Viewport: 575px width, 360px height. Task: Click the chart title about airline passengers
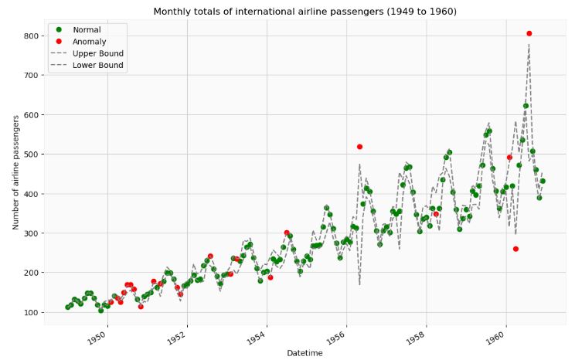click(305, 12)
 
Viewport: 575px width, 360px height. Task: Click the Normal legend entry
click(87, 30)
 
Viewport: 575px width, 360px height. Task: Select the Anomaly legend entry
click(90, 42)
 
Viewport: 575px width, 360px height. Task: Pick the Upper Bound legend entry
click(97, 54)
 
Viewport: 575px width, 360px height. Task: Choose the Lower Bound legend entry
click(97, 66)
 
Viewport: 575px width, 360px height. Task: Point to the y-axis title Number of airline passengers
click(15, 172)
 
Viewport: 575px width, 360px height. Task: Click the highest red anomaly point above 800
click(529, 33)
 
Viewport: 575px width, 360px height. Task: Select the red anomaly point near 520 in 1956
click(359, 147)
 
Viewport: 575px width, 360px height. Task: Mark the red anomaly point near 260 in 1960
click(515, 249)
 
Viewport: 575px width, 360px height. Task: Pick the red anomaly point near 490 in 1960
click(509, 158)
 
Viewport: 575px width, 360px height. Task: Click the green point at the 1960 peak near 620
click(526, 106)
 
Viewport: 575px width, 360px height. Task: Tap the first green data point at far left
click(68, 307)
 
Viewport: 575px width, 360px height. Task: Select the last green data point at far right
click(543, 181)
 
